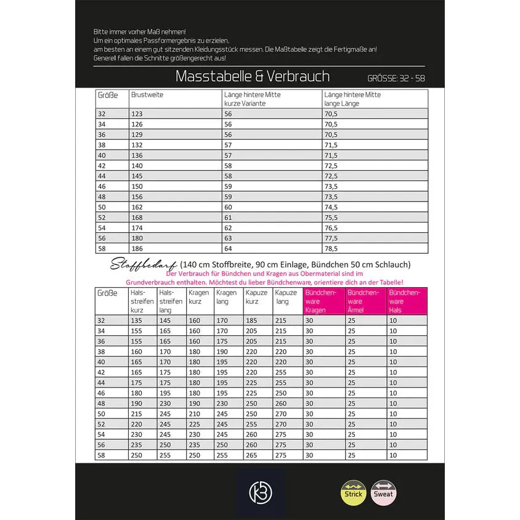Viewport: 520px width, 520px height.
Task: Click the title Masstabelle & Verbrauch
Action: point(253,76)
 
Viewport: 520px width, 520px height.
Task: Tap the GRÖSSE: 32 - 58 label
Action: point(396,79)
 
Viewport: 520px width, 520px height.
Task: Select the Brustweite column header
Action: point(147,95)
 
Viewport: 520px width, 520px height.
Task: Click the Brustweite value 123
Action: point(137,114)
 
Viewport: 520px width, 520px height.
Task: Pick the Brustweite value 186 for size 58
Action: point(137,248)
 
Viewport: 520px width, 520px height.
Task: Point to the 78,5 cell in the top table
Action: point(331,248)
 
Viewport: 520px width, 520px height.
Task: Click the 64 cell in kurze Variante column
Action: point(228,248)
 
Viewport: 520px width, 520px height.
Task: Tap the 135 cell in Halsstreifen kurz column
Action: point(137,320)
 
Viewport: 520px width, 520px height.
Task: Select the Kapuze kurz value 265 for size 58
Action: point(252,455)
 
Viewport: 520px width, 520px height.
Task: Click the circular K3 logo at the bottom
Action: point(260,493)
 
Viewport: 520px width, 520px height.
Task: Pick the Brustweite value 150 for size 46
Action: point(137,186)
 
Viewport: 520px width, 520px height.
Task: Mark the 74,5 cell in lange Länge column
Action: point(331,207)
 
